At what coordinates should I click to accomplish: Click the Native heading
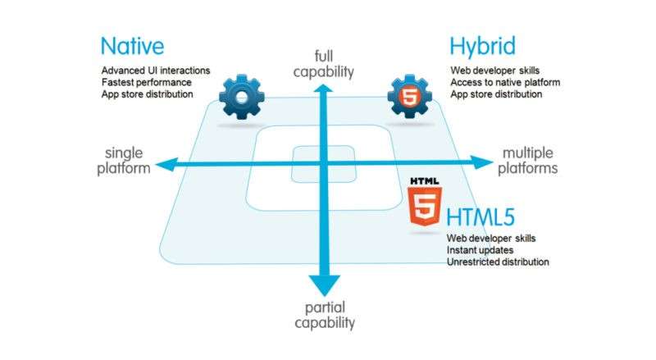(132, 46)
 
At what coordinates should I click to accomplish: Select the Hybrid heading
(482, 47)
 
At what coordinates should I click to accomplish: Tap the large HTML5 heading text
(481, 217)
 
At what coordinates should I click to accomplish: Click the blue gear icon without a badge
(242, 97)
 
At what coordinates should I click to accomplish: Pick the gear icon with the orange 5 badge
(409, 97)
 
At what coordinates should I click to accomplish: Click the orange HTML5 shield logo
(424, 206)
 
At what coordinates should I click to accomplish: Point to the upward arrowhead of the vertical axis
(323, 89)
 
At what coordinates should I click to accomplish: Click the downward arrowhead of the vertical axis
(325, 285)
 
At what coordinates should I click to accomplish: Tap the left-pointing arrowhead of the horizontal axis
(166, 165)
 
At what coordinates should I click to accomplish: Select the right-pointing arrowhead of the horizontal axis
(482, 162)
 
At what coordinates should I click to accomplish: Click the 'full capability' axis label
(323, 64)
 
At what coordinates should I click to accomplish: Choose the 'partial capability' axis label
(325, 315)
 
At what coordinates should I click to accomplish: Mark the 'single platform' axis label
(124, 161)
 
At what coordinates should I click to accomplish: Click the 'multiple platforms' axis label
(527, 161)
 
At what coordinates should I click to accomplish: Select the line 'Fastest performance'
(147, 83)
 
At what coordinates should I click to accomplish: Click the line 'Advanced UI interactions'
(156, 71)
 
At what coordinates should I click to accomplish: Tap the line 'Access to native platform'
(505, 83)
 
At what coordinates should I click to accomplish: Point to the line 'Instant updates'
(480, 250)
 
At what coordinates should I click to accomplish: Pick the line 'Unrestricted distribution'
(498, 262)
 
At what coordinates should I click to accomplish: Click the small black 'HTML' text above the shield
(425, 181)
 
